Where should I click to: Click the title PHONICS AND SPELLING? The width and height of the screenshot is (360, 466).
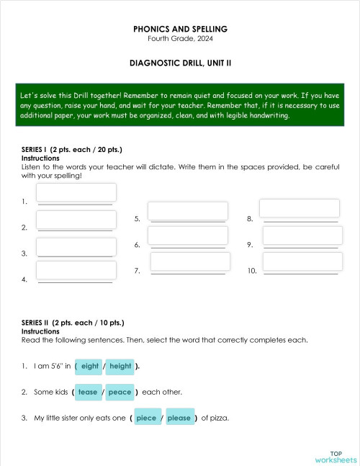[x=180, y=29]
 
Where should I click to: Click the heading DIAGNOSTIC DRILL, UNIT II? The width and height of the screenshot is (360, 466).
[x=180, y=63]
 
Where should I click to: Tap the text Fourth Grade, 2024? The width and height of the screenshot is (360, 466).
[x=180, y=38]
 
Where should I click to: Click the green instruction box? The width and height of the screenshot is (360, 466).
[x=180, y=105]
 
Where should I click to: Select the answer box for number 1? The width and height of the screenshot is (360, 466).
[x=76, y=192]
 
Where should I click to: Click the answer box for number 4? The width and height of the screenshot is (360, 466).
[x=76, y=270]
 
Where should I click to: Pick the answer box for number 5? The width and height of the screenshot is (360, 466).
[x=187, y=210]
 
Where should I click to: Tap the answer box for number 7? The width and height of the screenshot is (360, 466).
[x=190, y=261]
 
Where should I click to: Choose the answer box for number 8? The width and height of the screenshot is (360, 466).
[x=300, y=208]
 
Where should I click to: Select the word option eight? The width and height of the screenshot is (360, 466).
[x=90, y=366]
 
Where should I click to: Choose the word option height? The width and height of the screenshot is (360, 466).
[x=120, y=366]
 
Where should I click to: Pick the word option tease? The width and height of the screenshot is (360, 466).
[x=88, y=392]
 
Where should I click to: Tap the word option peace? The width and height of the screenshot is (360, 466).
[x=120, y=392]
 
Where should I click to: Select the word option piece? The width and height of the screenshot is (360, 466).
[x=146, y=418]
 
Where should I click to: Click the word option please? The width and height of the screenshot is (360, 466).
[x=179, y=418]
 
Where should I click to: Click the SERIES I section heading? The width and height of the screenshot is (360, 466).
[x=72, y=150]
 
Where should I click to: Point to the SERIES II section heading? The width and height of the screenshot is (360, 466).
[x=73, y=323]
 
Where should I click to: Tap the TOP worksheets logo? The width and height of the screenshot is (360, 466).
[x=336, y=457]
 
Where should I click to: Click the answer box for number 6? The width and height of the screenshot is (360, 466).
[x=187, y=236]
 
